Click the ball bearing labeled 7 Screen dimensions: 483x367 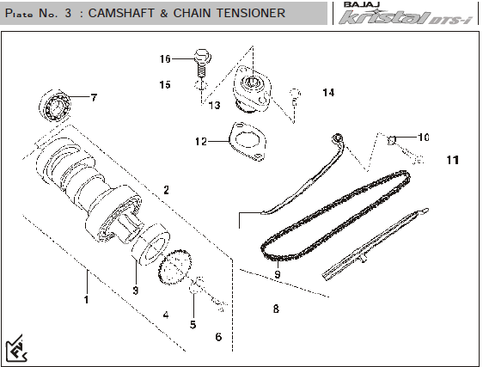[x=55, y=106]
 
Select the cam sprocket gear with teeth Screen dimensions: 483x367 [x=175, y=266]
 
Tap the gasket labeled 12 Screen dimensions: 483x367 [x=248, y=142]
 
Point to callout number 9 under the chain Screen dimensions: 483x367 [x=278, y=274]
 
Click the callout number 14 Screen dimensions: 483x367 [x=328, y=93]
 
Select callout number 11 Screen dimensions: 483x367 [x=453, y=160]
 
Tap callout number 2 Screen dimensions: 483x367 [x=167, y=190]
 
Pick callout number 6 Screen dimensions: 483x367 [x=218, y=337]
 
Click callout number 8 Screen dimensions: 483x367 [x=276, y=309]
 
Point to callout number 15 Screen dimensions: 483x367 [x=165, y=84]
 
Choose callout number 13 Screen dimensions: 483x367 [x=214, y=105]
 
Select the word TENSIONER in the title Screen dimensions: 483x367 [x=251, y=13]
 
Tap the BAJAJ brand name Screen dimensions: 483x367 [x=362, y=4]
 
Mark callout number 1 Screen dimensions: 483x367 [x=87, y=299]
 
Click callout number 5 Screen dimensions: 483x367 [x=193, y=324]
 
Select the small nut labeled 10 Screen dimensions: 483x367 [x=392, y=140]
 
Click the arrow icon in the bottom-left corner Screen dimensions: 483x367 [x=16, y=348]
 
